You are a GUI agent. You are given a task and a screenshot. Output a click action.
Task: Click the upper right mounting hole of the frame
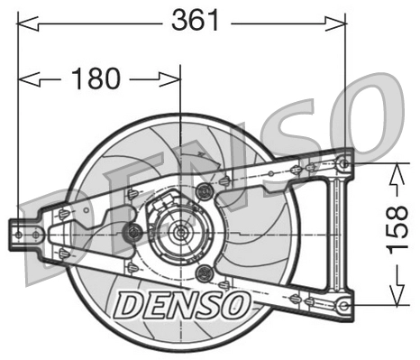pyautogui.click(x=342, y=163)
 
